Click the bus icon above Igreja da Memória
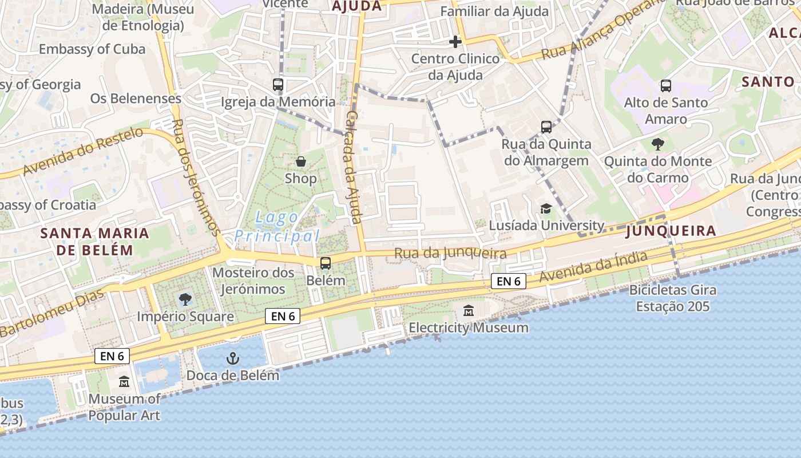point(278,85)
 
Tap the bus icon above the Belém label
point(326,263)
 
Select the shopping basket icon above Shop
point(300,161)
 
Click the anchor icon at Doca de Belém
point(233,359)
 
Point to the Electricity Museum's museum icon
point(469,311)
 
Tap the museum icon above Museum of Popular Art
point(124,381)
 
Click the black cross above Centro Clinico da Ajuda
point(455,42)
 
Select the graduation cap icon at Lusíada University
point(546,209)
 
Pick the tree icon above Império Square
point(185,299)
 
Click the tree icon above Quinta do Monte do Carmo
point(658,144)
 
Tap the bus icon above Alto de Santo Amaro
point(666,86)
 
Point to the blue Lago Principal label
point(277,227)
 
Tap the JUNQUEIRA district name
point(671,231)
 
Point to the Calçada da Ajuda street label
point(354,167)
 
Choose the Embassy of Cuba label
point(92,49)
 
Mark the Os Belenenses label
point(136,98)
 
